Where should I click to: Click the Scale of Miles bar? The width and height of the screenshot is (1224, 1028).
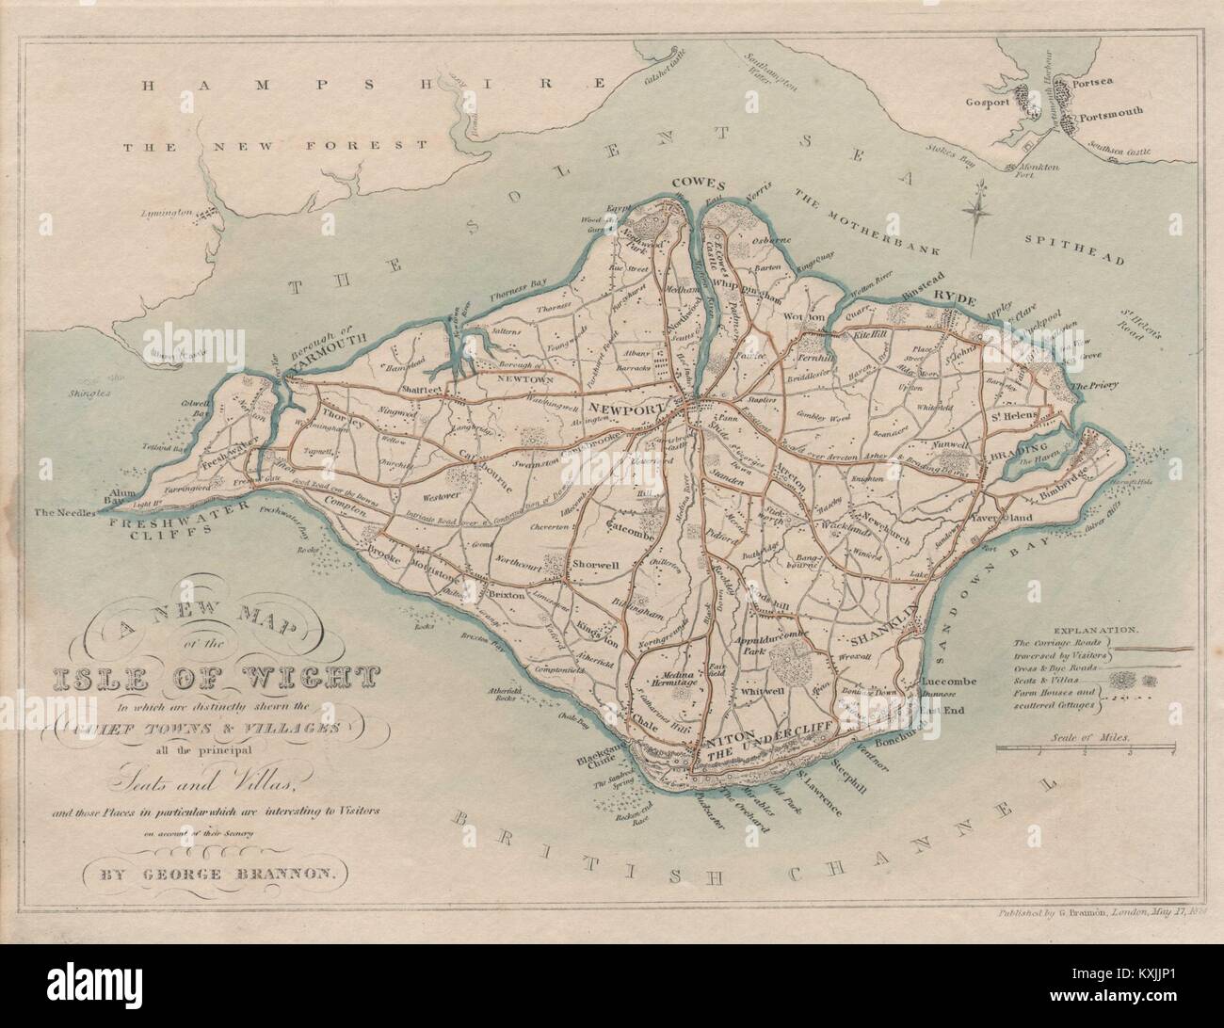click(x=1083, y=749)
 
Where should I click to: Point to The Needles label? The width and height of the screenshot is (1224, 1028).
click(x=63, y=513)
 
